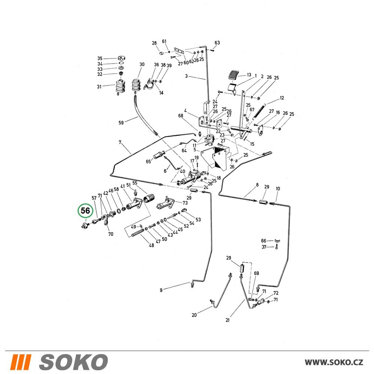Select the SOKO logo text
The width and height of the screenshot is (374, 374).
click(73, 362)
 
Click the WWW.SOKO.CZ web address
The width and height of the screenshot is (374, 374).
click(334, 362)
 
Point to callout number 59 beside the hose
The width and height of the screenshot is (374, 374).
click(121, 123)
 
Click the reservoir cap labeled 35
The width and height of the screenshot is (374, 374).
click(122, 58)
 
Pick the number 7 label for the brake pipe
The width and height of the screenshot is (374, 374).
click(120, 142)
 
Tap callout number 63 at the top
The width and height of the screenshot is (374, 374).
click(217, 43)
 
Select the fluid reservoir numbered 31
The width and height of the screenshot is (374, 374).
click(120, 86)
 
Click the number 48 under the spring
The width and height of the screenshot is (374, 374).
click(151, 245)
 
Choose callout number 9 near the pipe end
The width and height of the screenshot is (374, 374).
click(161, 290)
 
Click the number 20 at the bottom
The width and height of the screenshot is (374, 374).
click(194, 315)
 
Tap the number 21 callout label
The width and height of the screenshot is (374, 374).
click(227, 320)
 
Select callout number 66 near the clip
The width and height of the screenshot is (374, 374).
click(264, 241)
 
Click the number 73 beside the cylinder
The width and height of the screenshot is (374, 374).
click(185, 203)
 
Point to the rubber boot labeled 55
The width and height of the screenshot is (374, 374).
click(148, 199)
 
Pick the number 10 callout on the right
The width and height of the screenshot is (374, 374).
click(278, 188)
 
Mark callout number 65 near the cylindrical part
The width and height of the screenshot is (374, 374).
click(148, 162)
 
